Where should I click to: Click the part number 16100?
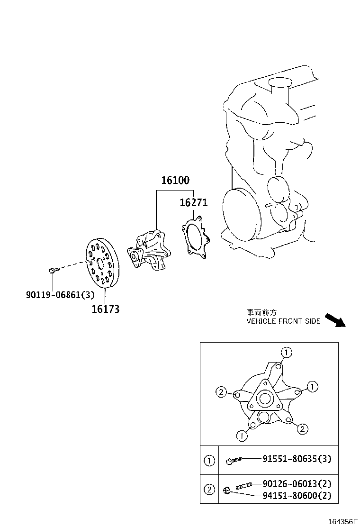click(x=175, y=180)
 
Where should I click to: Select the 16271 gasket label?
click(x=193, y=202)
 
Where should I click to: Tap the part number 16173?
click(x=105, y=309)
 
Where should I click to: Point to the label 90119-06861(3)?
click(x=60, y=295)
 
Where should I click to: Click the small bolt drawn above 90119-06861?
click(x=53, y=270)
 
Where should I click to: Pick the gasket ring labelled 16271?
click(x=194, y=238)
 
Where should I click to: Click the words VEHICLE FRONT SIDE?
click(x=283, y=321)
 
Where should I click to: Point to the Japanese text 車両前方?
click(x=261, y=312)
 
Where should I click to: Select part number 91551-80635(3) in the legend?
click(x=297, y=459)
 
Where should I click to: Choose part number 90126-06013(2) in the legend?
click(x=297, y=484)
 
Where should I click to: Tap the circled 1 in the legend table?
click(x=209, y=460)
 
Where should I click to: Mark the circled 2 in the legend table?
click(x=209, y=490)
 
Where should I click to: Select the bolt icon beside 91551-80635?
click(x=234, y=459)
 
